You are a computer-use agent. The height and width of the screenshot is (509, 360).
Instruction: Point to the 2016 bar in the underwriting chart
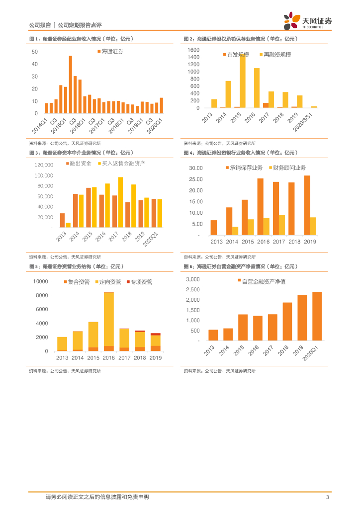pyautogui.click(x=257, y=87)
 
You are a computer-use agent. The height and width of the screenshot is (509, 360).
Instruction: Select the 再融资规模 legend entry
pyautogui.click(x=275, y=55)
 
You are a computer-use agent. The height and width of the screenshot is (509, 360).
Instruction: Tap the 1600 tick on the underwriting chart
pyautogui.click(x=193, y=50)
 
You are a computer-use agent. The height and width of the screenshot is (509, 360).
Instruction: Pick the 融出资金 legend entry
pyautogui.click(x=80, y=163)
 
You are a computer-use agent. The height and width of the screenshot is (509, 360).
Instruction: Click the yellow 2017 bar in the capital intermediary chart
pyautogui.click(x=120, y=202)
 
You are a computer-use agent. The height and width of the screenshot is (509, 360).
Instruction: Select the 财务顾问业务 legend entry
pyautogui.click(x=287, y=168)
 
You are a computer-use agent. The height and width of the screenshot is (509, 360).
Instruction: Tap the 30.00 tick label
pyautogui.click(x=196, y=168)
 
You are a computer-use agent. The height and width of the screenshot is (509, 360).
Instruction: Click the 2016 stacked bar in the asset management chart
pyautogui.click(x=109, y=321)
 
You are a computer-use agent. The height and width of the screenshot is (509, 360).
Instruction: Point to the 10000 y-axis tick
pyautogui.click(x=40, y=281)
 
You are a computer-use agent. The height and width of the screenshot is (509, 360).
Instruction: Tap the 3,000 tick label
pyautogui.click(x=192, y=279)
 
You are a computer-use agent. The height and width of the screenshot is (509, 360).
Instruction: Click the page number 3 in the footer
pyautogui.click(x=327, y=497)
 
